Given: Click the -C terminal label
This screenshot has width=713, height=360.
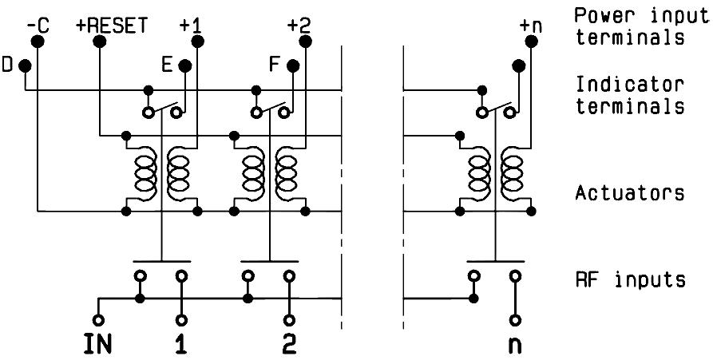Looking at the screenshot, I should coord(38,25).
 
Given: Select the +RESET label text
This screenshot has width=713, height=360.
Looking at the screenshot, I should coord(112,25).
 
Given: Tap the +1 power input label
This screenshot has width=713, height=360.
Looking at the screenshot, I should coord(191,25).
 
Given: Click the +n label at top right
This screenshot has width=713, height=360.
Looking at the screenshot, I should coord(529,25).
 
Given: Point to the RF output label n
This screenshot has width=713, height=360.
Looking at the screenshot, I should coord(517,346).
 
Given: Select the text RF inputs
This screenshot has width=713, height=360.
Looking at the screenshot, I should coord(630,279).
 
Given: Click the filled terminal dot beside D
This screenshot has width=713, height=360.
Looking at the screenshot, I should coord(26,65).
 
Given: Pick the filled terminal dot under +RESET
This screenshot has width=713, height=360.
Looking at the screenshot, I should coord(99,42).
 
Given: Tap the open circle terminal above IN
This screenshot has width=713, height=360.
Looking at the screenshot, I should coord(98,319).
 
